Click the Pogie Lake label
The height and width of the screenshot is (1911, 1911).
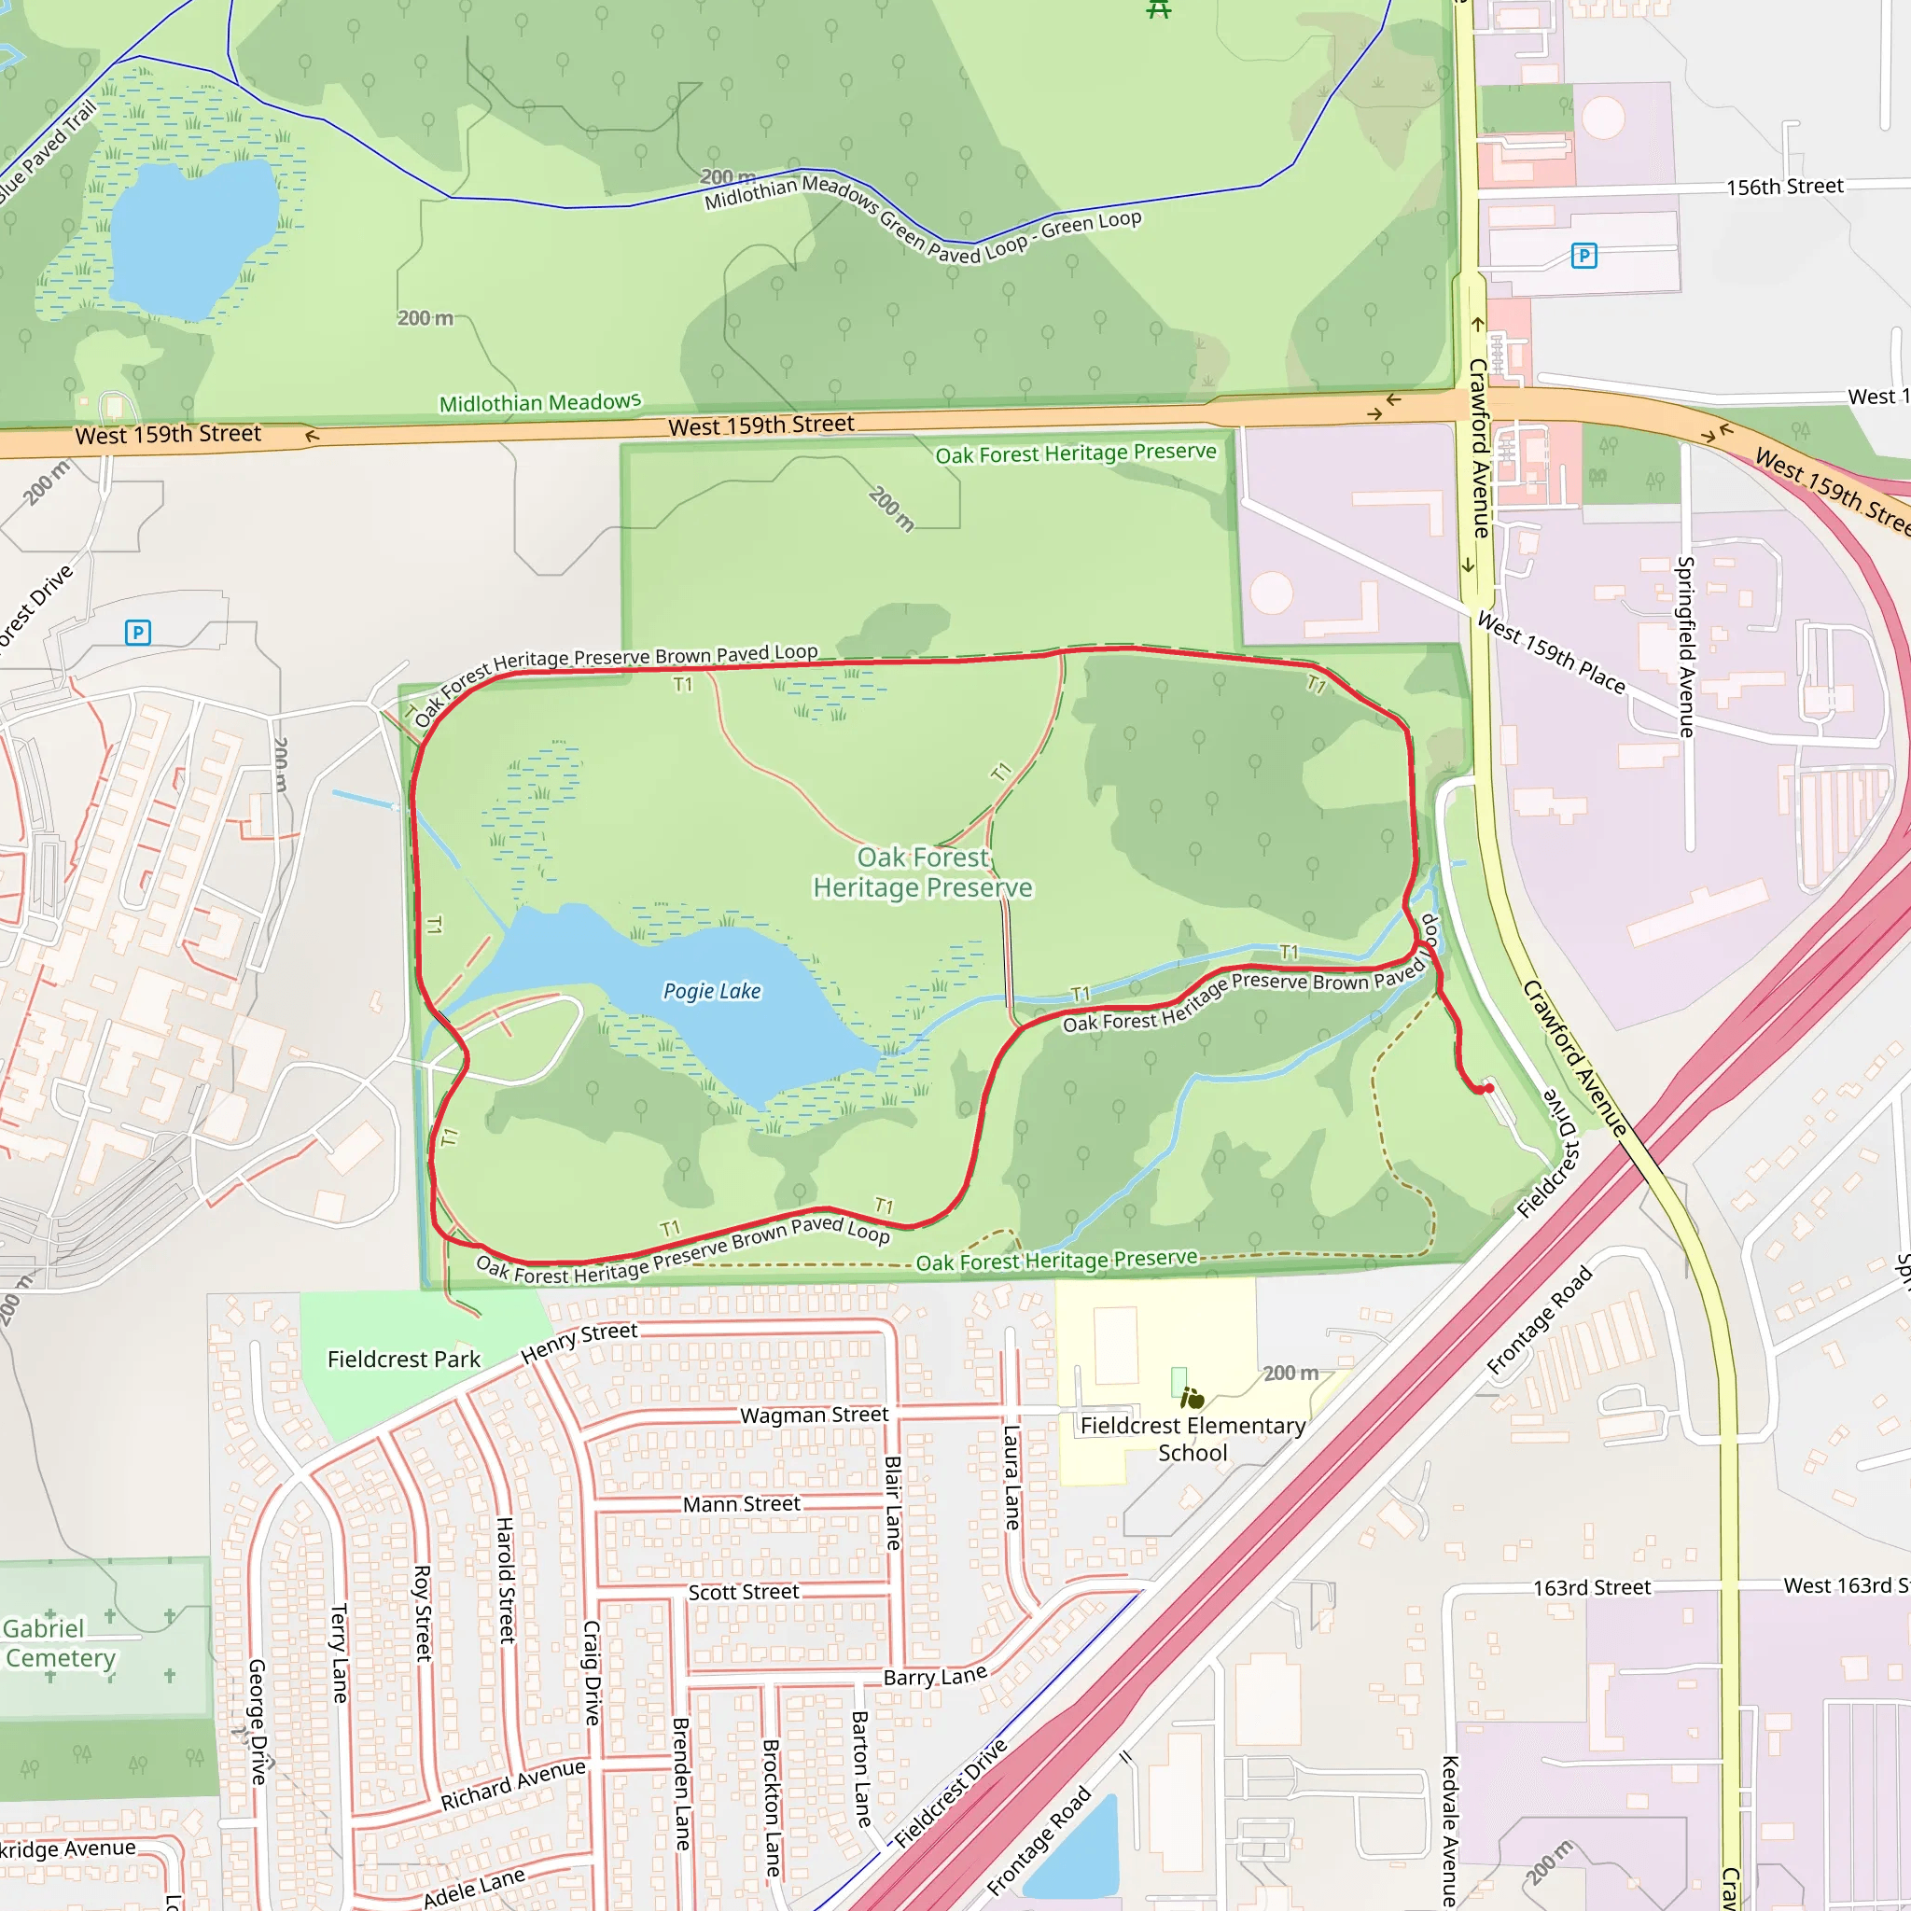711,991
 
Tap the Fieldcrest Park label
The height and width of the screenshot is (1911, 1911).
403,1360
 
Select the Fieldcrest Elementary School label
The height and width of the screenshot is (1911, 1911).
1192,1439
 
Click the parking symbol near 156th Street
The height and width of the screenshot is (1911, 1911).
1583,257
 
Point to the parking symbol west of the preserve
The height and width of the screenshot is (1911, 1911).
138,632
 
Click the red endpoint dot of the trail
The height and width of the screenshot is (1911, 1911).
1487,1088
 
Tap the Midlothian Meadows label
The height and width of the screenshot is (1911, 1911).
540,402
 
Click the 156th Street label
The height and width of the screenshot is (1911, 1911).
1784,187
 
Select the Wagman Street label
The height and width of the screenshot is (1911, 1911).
814,1416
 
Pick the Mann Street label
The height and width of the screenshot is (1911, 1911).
742,1504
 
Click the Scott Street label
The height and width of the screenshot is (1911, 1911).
743,1593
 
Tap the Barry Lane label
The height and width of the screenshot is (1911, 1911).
935,1677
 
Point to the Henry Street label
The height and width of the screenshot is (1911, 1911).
579,1342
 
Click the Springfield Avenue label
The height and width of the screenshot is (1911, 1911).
1685,647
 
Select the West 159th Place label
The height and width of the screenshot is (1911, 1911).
1551,653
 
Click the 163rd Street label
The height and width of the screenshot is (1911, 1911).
1592,1588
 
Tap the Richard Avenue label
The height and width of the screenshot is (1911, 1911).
512,1785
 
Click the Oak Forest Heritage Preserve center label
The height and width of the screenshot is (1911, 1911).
922,872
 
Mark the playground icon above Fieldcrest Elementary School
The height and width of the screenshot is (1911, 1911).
1193,1399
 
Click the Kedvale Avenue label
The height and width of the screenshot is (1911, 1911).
1449,1830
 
